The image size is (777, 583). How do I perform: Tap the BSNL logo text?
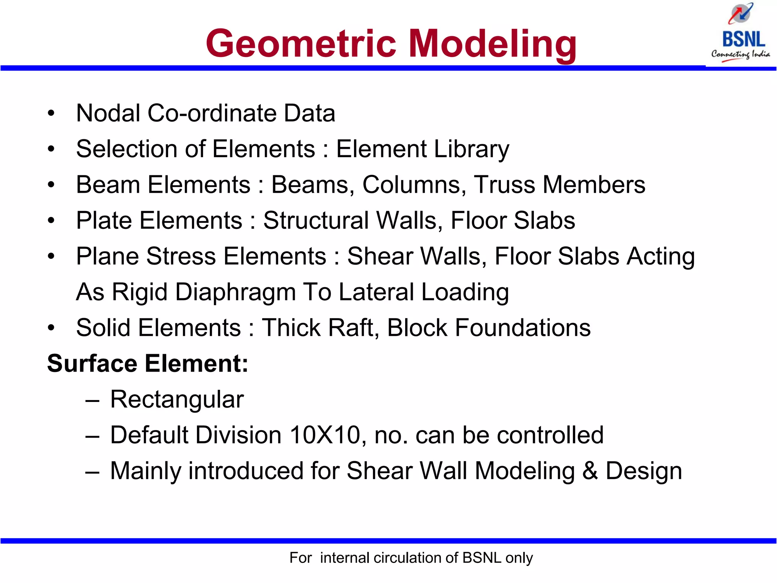[x=743, y=39]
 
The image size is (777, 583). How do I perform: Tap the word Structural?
[x=316, y=221]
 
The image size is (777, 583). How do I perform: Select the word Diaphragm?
[x=235, y=292]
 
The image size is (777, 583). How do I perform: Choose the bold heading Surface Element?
[x=148, y=364]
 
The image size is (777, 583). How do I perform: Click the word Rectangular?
[x=177, y=400]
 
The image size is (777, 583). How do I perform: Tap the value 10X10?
[x=325, y=435]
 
